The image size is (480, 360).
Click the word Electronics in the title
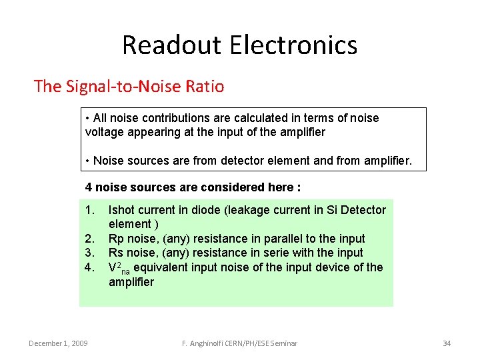click(293, 45)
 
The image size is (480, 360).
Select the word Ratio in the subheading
click(203, 87)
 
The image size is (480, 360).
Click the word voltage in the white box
click(105, 132)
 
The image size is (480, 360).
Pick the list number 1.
click(90, 210)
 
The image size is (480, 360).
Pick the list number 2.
click(90, 239)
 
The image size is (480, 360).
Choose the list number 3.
click(90, 253)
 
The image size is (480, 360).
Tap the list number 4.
click(90, 267)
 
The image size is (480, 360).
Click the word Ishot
click(123, 210)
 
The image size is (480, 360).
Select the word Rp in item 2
click(116, 239)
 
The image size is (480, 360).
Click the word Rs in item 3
click(116, 253)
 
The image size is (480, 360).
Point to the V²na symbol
click(119, 267)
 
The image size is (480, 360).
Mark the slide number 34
click(447, 343)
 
